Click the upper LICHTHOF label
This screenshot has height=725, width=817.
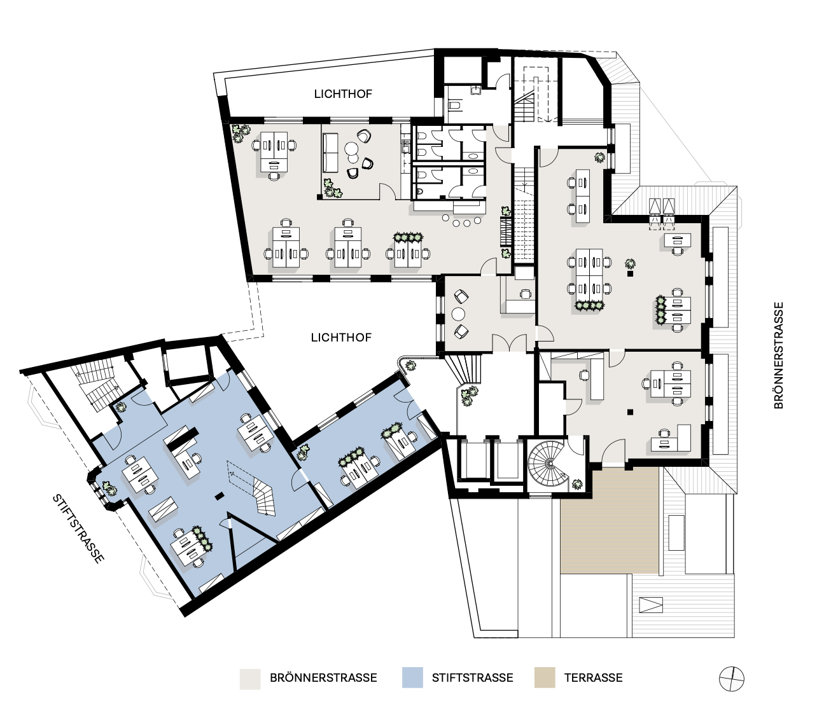[343, 94]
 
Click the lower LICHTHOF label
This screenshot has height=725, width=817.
[341, 337]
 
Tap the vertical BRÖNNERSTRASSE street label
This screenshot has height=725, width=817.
[779, 356]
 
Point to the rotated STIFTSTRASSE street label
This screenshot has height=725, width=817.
[78, 529]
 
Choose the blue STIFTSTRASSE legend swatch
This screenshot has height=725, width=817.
[412, 677]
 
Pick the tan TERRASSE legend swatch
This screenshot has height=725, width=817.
[545, 677]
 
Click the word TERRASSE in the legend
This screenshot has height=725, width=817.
[593, 678]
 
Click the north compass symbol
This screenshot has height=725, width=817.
[732, 679]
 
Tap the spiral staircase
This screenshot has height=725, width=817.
[549, 464]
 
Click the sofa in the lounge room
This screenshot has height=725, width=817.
[330, 153]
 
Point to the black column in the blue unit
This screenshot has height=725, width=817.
[219, 497]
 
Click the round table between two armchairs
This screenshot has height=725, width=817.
[458, 314]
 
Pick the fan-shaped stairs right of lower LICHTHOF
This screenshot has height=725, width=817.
[464, 368]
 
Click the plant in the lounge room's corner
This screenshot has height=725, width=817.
[332, 188]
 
